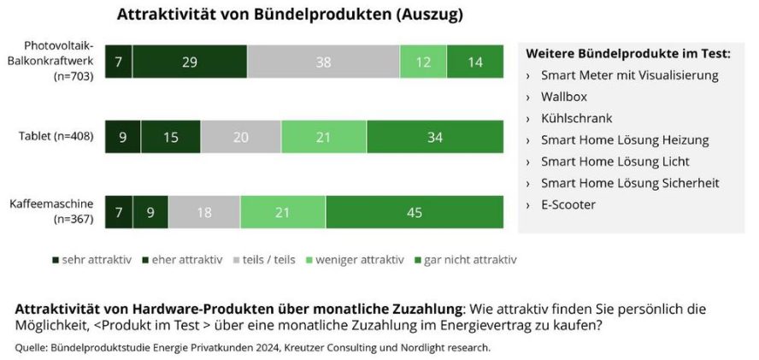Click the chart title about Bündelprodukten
[x=291, y=15]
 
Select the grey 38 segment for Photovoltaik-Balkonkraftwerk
[x=323, y=62]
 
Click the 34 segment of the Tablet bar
[x=435, y=138]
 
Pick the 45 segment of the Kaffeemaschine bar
[x=415, y=212]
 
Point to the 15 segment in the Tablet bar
[x=171, y=138]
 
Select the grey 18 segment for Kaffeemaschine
[x=204, y=212]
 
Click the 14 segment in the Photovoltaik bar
[x=475, y=62]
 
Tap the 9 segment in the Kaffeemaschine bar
[x=150, y=212]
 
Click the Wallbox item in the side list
[x=563, y=97]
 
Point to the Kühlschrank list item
[x=576, y=118]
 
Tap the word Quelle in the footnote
[x=32, y=347]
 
